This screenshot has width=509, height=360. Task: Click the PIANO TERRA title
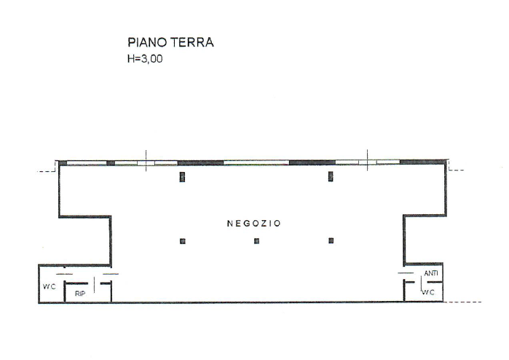(x=170, y=44)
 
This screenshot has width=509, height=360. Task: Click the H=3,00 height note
(x=145, y=60)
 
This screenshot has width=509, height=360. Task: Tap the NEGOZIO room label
(x=253, y=224)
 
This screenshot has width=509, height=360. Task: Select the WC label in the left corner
(x=49, y=286)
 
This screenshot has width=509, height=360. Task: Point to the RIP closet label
(x=80, y=293)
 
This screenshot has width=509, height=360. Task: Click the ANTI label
(x=430, y=274)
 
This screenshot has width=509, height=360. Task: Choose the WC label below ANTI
(x=429, y=292)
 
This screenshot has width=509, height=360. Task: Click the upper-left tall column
(x=183, y=176)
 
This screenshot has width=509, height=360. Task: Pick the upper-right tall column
(x=331, y=176)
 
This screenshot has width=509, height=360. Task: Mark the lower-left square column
(x=183, y=241)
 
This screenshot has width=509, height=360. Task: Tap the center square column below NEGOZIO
(x=256, y=241)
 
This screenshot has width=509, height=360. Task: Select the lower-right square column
(x=331, y=241)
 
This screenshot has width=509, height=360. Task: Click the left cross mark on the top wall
(x=146, y=162)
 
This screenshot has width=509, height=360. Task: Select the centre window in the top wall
(x=256, y=162)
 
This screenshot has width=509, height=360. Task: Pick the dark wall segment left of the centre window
(x=200, y=162)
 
